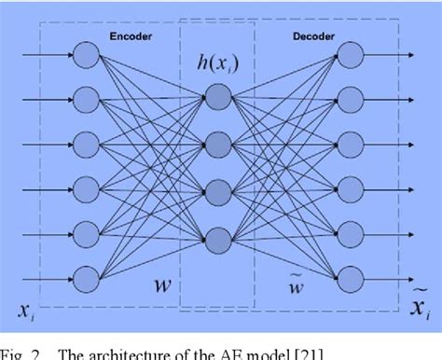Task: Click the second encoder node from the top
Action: click(x=88, y=98)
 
